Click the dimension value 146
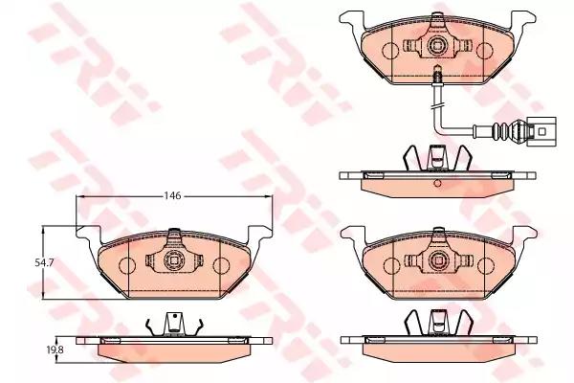click(173, 195)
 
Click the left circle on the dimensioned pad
click(126, 265)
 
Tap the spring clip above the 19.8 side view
click(173, 327)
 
